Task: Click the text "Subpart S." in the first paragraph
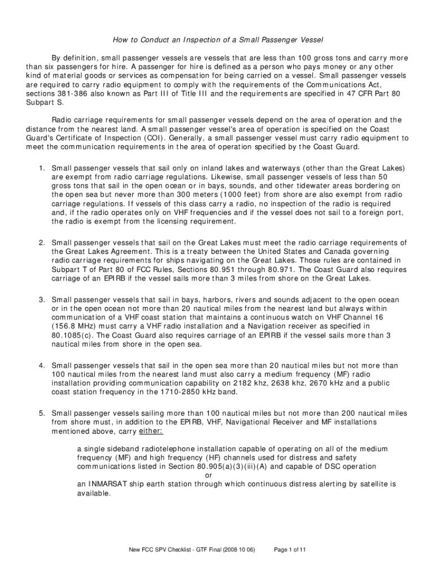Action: (43, 103)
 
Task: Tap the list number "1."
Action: (42, 168)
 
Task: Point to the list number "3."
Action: (42, 299)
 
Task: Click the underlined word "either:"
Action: (151, 431)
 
